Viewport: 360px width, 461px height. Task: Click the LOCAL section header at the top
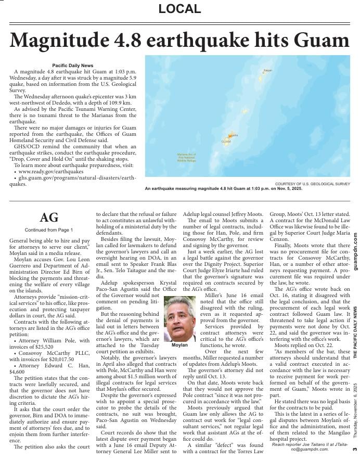pyautogui.click(x=179, y=9)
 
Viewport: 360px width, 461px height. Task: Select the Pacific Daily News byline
pyautogui.click(x=72, y=65)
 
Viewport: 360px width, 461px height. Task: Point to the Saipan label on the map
pyautogui.click(x=267, y=70)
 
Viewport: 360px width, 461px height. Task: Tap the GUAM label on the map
pyautogui.click(x=226, y=142)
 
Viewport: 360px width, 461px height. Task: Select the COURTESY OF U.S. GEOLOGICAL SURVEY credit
pyautogui.click(x=312, y=184)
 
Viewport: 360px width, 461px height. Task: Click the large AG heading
pyautogui.click(x=48, y=217)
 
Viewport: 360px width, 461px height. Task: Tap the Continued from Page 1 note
pyautogui.click(x=48, y=229)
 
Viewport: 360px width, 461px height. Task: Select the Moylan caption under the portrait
pyautogui.click(x=179, y=345)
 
